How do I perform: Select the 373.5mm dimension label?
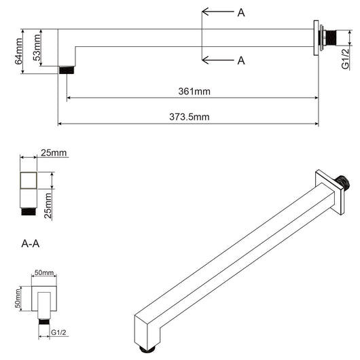click(189, 117)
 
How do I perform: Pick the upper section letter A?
click(241, 13)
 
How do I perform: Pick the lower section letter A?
click(241, 60)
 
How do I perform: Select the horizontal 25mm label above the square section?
click(54, 153)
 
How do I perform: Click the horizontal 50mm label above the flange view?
click(44, 272)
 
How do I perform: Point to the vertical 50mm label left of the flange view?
click(19, 298)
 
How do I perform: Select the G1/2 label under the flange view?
click(60, 333)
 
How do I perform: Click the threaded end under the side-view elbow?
click(66, 69)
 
